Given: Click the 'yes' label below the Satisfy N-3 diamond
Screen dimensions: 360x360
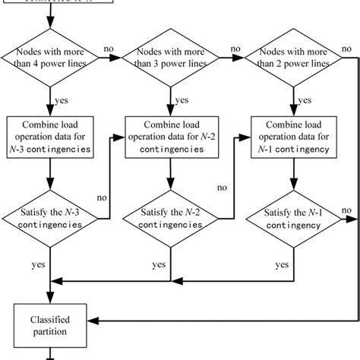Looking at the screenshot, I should click(x=36, y=266).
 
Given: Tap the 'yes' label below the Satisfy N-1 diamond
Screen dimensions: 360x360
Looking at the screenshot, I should click(x=281, y=266).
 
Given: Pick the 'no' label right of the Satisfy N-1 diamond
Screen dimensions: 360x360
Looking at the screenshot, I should click(x=347, y=210).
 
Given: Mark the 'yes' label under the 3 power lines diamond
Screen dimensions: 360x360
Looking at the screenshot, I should click(x=182, y=99).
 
